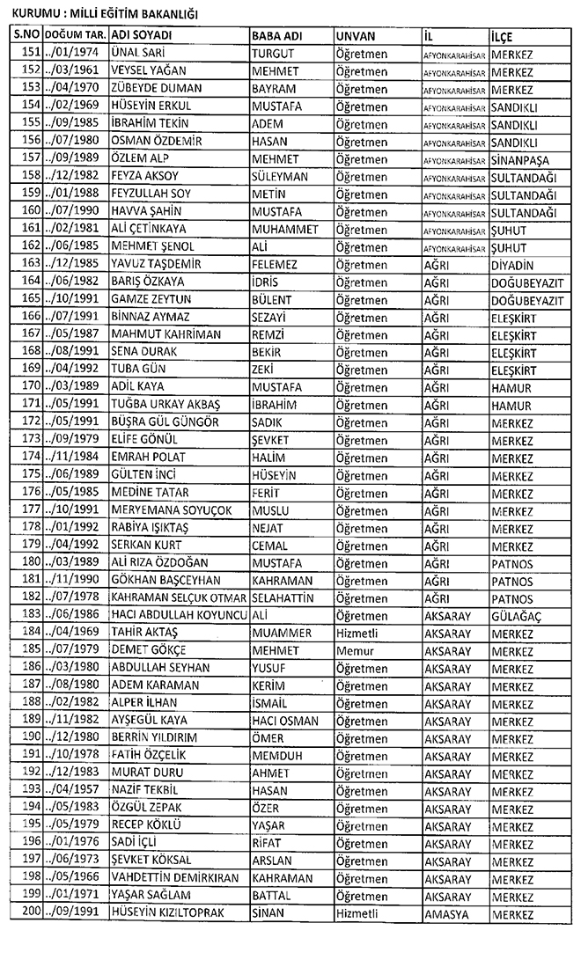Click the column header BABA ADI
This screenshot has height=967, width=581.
click(277, 35)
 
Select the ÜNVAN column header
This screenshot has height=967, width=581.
click(356, 35)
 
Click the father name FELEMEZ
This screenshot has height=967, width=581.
click(275, 264)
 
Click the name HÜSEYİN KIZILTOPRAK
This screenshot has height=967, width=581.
click(167, 913)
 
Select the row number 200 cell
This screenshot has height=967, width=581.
click(27, 913)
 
